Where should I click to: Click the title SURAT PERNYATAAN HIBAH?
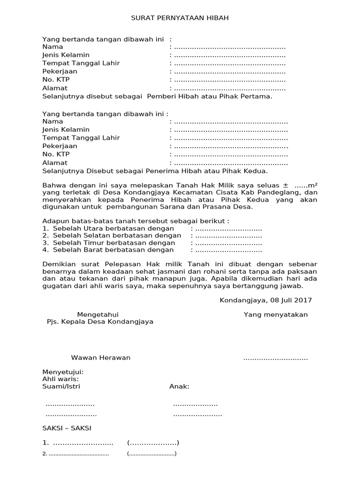click(x=180, y=18)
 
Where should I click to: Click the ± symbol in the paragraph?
click(x=285, y=185)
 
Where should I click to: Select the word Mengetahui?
click(x=97, y=315)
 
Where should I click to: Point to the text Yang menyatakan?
click(x=276, y=315)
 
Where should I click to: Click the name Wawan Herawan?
click(x=101, y=358)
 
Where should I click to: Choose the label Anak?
click(x=179, y=386)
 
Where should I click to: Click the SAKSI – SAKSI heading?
click(x=67, y=428)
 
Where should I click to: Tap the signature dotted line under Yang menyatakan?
click(x=276, y=359)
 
